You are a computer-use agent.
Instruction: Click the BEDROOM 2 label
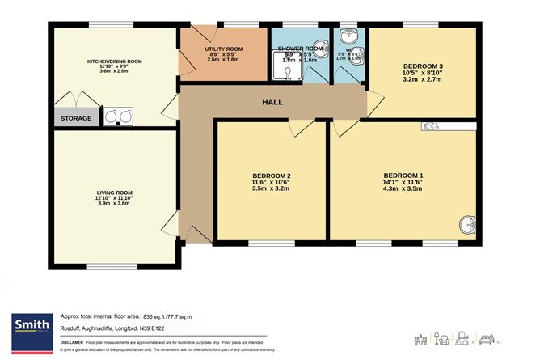tap(271, 177)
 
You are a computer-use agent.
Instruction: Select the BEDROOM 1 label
tap(403, 176)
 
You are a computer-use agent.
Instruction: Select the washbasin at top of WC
tap(350, 36)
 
